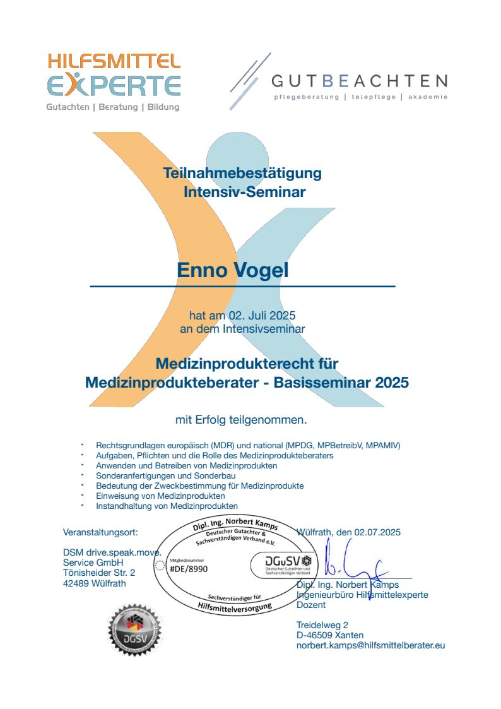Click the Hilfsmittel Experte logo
pos(114,74)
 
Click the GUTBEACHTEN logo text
pos(360,81)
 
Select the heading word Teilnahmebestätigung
pos(242,172)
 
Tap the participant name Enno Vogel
pos(233,270)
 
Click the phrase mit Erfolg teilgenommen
pos(241,419)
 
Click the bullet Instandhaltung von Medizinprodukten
pos(167,506)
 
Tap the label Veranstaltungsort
pos(100,532)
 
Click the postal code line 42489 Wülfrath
pos(95,583)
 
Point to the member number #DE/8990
pos(189,568)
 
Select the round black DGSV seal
pos(134,631)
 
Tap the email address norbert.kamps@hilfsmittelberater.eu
pos(371,645)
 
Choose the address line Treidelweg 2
pos(322,625)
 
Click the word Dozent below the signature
pos(311,604)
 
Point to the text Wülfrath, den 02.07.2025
pos(348,532)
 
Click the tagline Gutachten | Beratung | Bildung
pos(113,107)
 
